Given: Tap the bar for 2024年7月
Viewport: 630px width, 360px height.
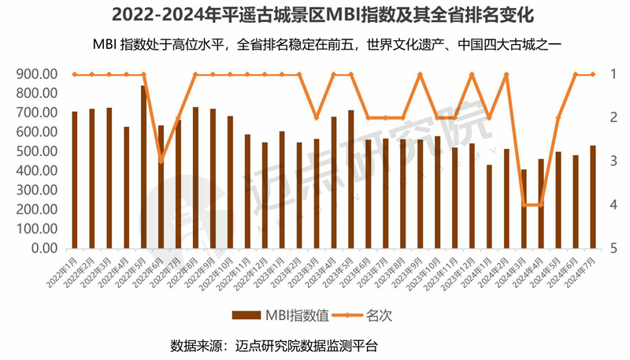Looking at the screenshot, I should coord(593,197).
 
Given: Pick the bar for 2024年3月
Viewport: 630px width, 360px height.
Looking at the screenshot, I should coord(523,209).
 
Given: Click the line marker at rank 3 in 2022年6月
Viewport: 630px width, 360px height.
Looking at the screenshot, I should coord(161,161).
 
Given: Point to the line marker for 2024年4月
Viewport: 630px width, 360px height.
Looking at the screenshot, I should coord(540,205).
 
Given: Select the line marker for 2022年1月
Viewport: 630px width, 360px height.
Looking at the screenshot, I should coord(75,75).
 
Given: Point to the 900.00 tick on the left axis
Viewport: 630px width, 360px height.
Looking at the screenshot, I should coord(35,74).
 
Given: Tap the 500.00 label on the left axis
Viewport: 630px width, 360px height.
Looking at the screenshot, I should coord(35,151).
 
